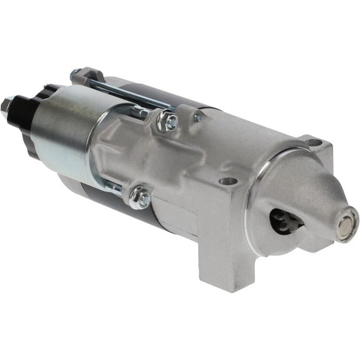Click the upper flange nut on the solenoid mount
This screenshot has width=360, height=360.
click(x=168, y=122)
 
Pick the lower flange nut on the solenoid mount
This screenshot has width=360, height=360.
click(x=139, y=198)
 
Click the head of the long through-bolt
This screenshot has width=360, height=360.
click(x=77, y=73)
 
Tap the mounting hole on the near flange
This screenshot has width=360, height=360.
click(x=229, y=181)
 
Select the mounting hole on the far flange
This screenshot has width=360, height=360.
click(x=314, y=143)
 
